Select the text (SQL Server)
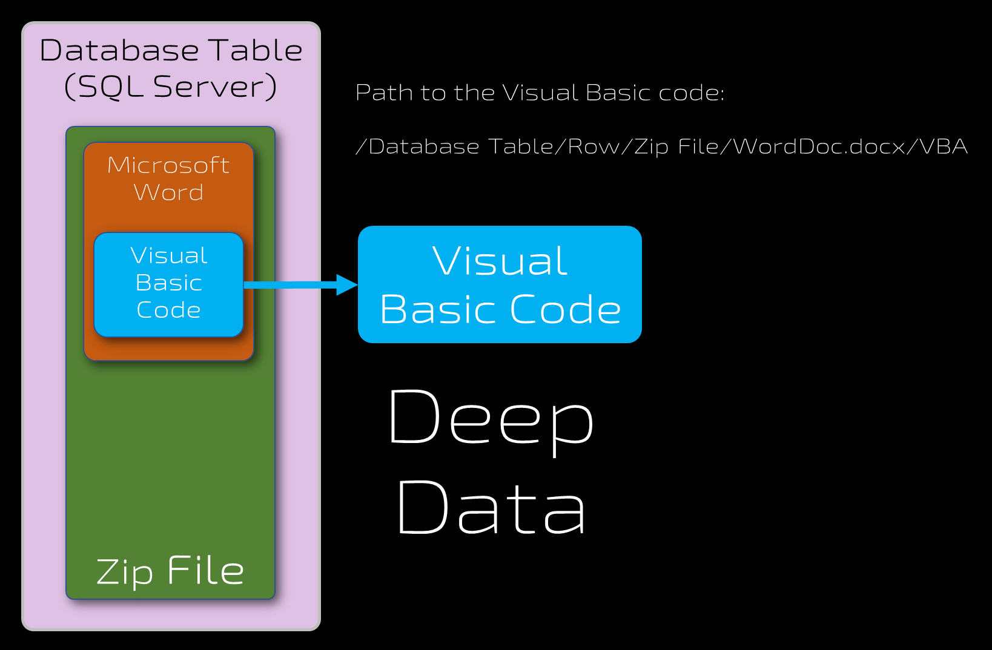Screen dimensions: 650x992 (170, 87)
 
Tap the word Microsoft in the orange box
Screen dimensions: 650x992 (168, 165)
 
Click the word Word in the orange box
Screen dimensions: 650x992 (168, 192)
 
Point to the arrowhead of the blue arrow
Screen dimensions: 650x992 (348, 284)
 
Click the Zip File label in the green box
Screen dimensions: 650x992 (170, 571)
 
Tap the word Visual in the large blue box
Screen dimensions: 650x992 (500, 261)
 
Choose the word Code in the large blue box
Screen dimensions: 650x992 (566, 310)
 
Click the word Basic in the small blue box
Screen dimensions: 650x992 (168, 283)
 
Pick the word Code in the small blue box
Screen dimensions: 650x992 (168, 310)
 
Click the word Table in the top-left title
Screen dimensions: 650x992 (255, 51)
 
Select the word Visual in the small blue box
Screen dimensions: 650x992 (168, 256)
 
